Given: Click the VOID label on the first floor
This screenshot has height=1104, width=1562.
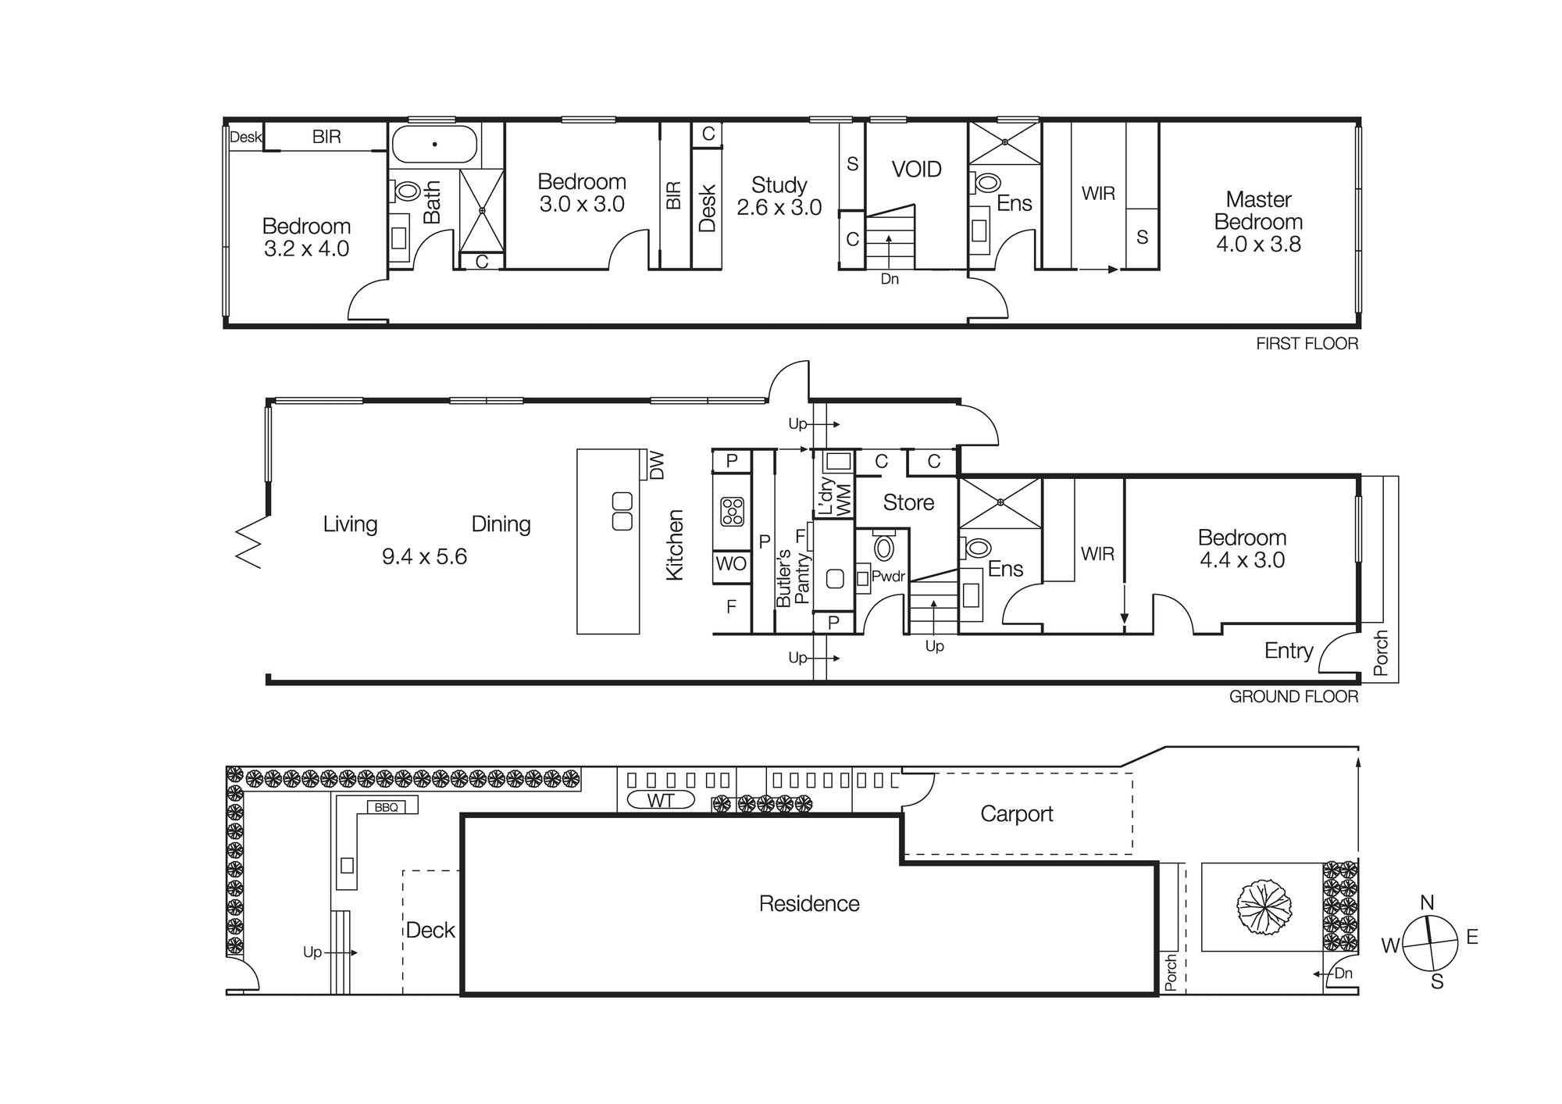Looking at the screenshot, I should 916,170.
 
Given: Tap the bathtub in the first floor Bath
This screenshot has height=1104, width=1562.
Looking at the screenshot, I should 434,145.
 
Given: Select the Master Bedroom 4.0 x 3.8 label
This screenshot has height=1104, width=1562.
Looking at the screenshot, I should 1258,222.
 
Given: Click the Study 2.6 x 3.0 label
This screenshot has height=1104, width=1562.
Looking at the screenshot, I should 779,196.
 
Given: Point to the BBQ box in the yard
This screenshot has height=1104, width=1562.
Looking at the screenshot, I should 387,807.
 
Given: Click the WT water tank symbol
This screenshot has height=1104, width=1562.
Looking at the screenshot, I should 660,800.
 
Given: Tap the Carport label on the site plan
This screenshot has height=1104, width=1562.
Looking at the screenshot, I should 1016,814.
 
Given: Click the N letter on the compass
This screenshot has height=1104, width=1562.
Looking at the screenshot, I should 1427,903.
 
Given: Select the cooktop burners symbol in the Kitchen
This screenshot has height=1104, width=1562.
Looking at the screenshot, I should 732,512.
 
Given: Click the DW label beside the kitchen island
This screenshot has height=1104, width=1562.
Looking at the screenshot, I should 657,465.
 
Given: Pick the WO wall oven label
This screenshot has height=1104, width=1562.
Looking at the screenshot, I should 731,564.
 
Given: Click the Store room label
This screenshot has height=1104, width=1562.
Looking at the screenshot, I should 908,502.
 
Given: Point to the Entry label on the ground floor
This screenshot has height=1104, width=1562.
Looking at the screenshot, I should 1289,651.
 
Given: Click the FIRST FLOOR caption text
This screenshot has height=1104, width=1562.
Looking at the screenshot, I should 1307,344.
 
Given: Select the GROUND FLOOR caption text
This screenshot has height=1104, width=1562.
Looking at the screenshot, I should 1293,697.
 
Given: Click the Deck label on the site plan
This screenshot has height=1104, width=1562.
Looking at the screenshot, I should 430,930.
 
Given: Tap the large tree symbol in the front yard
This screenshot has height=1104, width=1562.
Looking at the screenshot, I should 1264,906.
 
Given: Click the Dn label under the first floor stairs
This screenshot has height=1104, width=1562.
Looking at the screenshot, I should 890,279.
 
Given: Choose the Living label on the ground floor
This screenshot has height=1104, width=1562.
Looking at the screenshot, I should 350,524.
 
